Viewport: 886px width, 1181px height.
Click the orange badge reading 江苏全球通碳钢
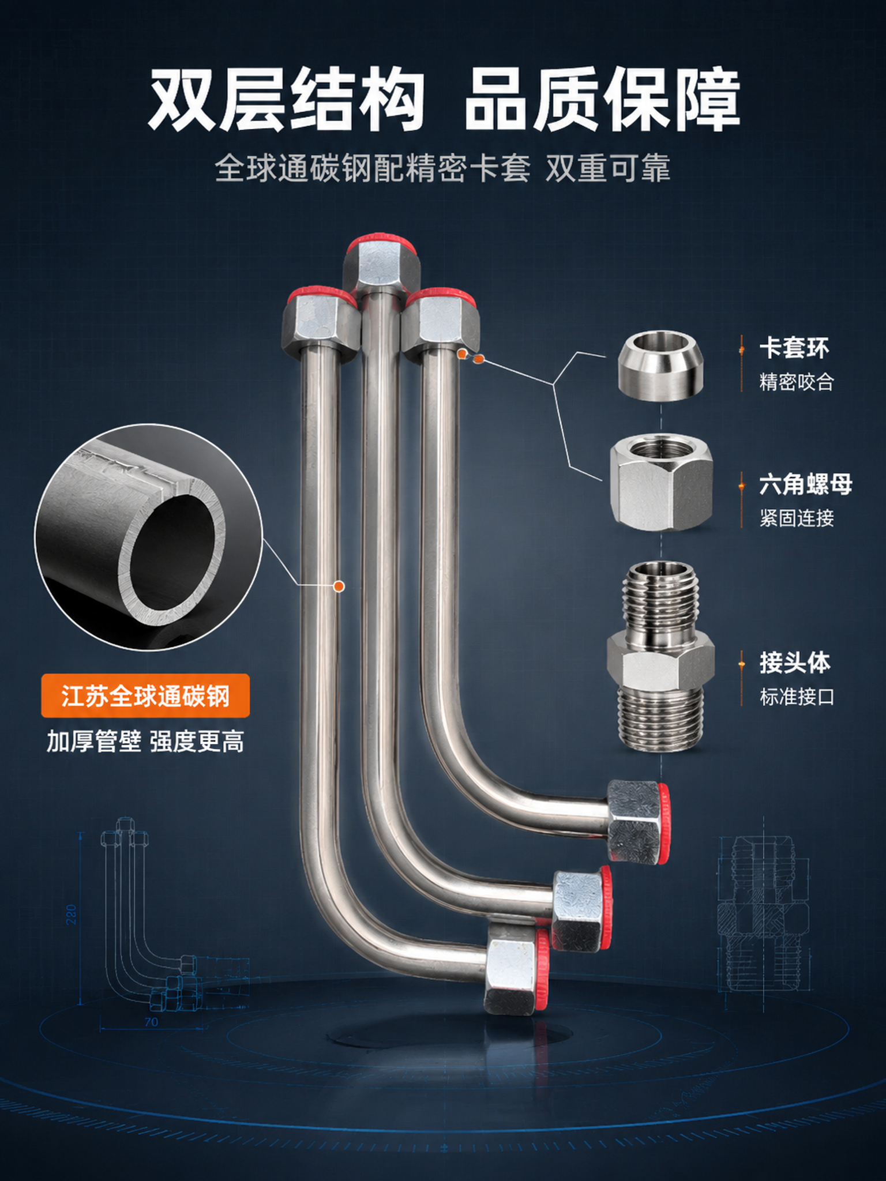pyautogui.click(x=145, y=695)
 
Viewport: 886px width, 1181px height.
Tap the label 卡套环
pyautogui.click(x=794, y=348)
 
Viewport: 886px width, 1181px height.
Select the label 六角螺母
pyautogui.click(x=806, y=484)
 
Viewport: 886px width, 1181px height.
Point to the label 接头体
pyautogui.click(x=795, y=663)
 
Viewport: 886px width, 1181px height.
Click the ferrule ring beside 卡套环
pyautogui.click(x=660, y=364)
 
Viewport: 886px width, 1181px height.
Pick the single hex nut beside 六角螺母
pyautogui.click(x=662, y=483)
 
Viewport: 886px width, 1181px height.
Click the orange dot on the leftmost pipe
pyautogui.click(x=339, y=586)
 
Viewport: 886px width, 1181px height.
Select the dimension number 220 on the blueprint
pyautogui.click(x=72, y=914)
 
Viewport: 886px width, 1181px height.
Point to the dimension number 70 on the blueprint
pyautogui.click(x=151, y=1022)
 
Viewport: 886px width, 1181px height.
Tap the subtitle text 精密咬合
pyautogui.click(x=797, y=382)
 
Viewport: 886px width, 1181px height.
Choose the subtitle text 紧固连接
pyautogui.click(x=797, y=518)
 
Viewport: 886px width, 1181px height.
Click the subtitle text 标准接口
pyautogui.click(x=797, y=697)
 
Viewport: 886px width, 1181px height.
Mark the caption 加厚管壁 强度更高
pyautogui.click(x=145, y=742)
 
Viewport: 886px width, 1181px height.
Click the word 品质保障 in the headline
pyautogui.click(x=602, y=99)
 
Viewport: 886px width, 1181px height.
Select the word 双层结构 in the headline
pyautogui.click(x=286, y=99)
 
